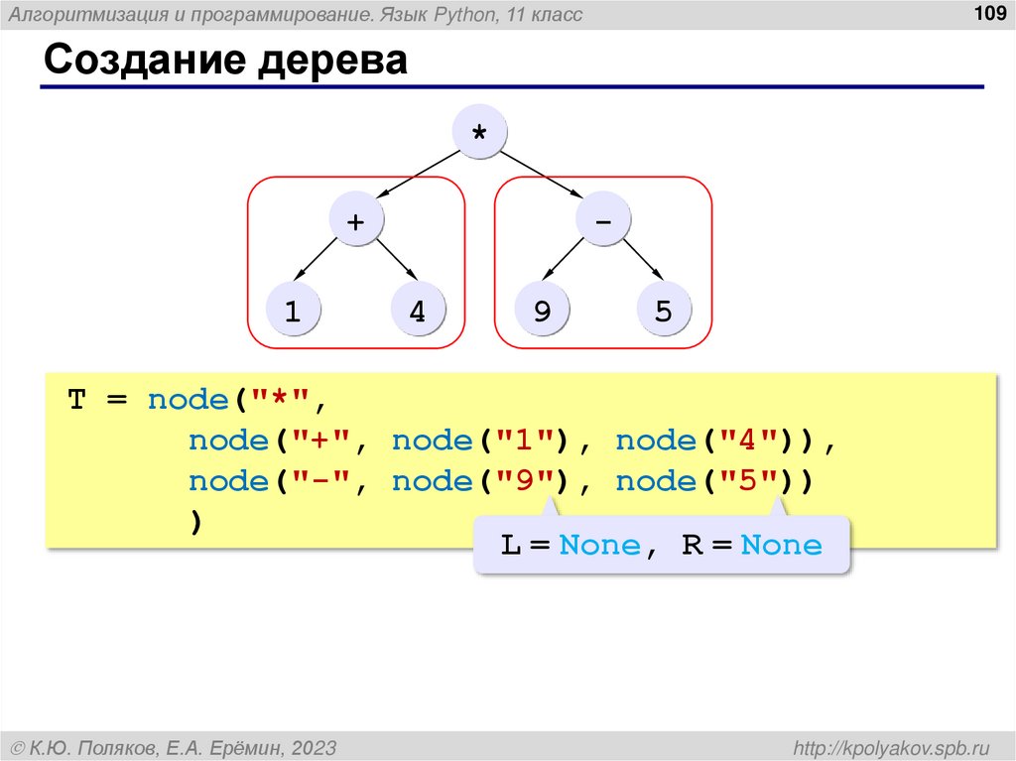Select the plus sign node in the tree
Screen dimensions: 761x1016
pyautogui.click(x=355, y=221)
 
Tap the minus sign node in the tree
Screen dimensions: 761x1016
pyautogui.click(x=602, y=221)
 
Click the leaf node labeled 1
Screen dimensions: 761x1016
pyautogui.click(x=293, y=311)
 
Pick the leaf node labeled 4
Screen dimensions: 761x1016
pyautogui.click(x=417, y=311)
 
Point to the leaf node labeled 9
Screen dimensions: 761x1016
pyautogui.click(x=542, y=311)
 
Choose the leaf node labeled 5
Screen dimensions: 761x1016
pyautogui.click(x=664, y=311)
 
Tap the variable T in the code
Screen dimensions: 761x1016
pyautogui.click(x=76, y=400)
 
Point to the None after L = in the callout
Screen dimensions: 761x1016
pyautogui.click(x=599, y=545)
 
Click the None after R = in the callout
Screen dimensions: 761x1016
pyautogui.click(x=782, y=545)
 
